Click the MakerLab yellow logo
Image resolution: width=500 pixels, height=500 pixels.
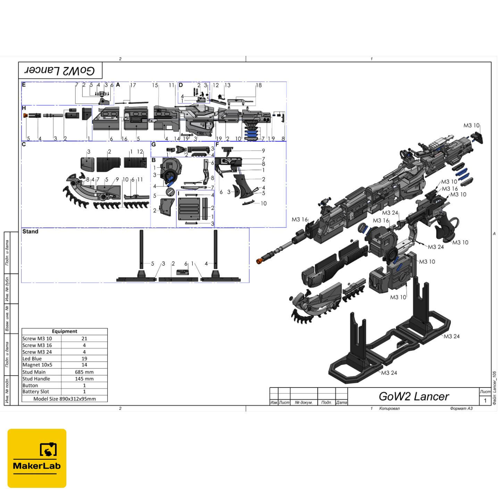tap(37, 458)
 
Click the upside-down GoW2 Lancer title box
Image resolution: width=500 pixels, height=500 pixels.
tap(60, 71)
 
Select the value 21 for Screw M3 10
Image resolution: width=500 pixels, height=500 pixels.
tap(84, 339)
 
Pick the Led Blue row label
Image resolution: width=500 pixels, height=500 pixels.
tap(32, 359)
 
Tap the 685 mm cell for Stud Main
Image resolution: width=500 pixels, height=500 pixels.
tap(84, 372)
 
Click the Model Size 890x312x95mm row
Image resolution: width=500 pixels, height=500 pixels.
tap(65, 399)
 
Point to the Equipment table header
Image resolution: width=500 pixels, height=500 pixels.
tap(65, 331)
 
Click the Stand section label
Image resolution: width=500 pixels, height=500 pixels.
tap(30, 232)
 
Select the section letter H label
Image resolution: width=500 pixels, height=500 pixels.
tap(24, 108)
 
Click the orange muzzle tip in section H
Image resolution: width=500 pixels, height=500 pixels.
tap(25, 115)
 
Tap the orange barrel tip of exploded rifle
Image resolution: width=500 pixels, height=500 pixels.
tap(259, 261)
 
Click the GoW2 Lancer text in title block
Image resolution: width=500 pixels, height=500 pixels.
tap(414, 397)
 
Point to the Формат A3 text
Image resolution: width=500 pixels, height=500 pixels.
tap(461, 408)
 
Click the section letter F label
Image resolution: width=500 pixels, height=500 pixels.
tap(217, 144)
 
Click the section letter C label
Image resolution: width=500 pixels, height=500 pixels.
tap(24, 144)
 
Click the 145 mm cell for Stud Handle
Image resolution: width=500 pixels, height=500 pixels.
tap(84, 379)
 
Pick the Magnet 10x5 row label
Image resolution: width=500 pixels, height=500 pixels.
tap(37, 365)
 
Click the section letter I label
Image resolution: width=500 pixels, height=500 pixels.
tap(178, 193)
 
